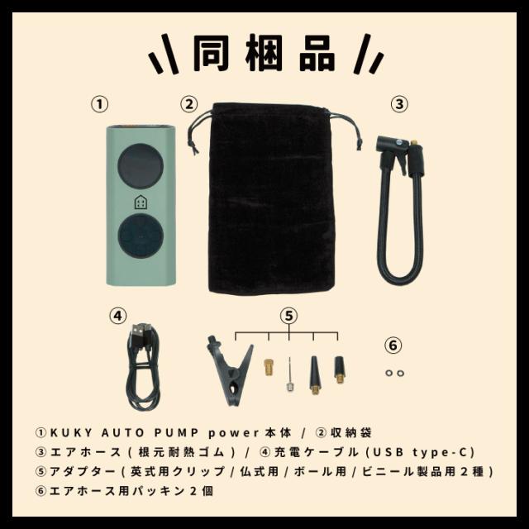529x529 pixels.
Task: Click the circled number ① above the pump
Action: point(99,104)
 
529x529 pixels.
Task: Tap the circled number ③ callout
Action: point(399,104)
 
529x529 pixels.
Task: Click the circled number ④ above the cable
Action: point(118,315)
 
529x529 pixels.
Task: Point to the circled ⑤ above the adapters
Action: point(288,315)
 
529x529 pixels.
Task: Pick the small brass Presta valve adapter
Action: point(269,365)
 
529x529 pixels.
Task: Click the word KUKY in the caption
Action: point(72,432)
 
